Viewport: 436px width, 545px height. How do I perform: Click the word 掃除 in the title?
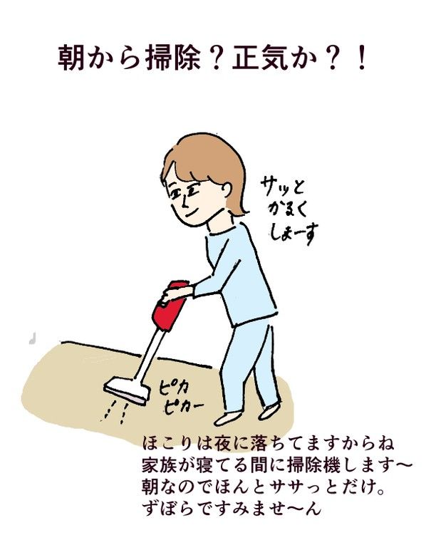171,59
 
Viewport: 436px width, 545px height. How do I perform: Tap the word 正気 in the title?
261,59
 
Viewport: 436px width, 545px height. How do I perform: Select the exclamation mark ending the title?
362,59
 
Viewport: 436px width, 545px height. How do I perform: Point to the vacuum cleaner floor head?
128,391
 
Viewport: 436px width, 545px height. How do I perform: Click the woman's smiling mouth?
192,213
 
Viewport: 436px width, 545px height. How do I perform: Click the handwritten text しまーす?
293,233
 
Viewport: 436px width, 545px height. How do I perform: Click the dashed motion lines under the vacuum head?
115,412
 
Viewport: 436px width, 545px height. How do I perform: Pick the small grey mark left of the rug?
33,338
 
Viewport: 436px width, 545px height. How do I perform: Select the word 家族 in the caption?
160,465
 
